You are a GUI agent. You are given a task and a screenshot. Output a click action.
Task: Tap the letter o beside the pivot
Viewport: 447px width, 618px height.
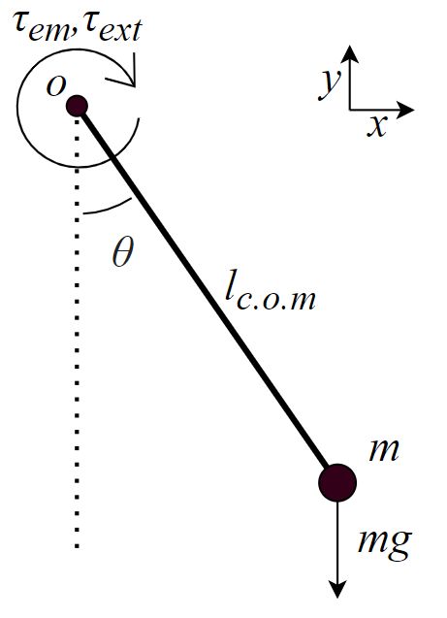(55, 85)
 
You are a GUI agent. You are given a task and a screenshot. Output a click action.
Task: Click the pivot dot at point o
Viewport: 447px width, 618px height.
(78, 105)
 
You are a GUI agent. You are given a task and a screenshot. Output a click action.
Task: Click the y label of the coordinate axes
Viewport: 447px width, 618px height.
(330, 85)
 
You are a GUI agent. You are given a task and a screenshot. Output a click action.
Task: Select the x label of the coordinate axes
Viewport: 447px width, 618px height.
(377, 125)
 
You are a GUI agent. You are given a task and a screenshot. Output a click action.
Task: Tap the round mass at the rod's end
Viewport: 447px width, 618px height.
(337, 481)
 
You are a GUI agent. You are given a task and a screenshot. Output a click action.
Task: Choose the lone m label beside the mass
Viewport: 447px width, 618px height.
(384, 450)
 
